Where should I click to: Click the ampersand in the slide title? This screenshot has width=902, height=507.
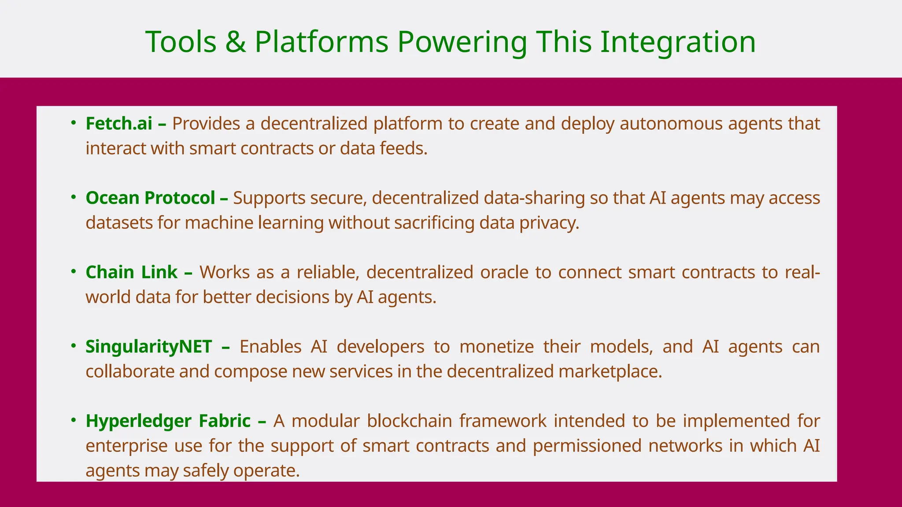coord(236,42)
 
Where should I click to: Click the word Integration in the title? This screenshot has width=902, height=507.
coord(678,42)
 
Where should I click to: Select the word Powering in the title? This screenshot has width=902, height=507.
coord(462,42)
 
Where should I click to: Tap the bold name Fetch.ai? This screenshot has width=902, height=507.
coord(119,124)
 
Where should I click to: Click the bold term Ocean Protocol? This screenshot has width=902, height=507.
coord(150,198)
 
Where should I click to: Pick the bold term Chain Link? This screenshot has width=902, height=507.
coord(131,272)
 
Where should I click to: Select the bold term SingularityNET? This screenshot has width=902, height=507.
coord(149,347)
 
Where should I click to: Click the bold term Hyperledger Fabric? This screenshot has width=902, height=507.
coord(168,421)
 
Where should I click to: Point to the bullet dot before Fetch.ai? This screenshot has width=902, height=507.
coord(74,123)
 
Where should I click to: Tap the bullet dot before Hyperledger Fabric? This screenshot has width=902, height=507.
coord(74,420)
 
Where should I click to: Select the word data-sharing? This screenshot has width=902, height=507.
coord(534,198)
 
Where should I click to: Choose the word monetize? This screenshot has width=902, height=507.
coord(496,347)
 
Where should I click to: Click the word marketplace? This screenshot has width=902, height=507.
coord(610,371)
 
